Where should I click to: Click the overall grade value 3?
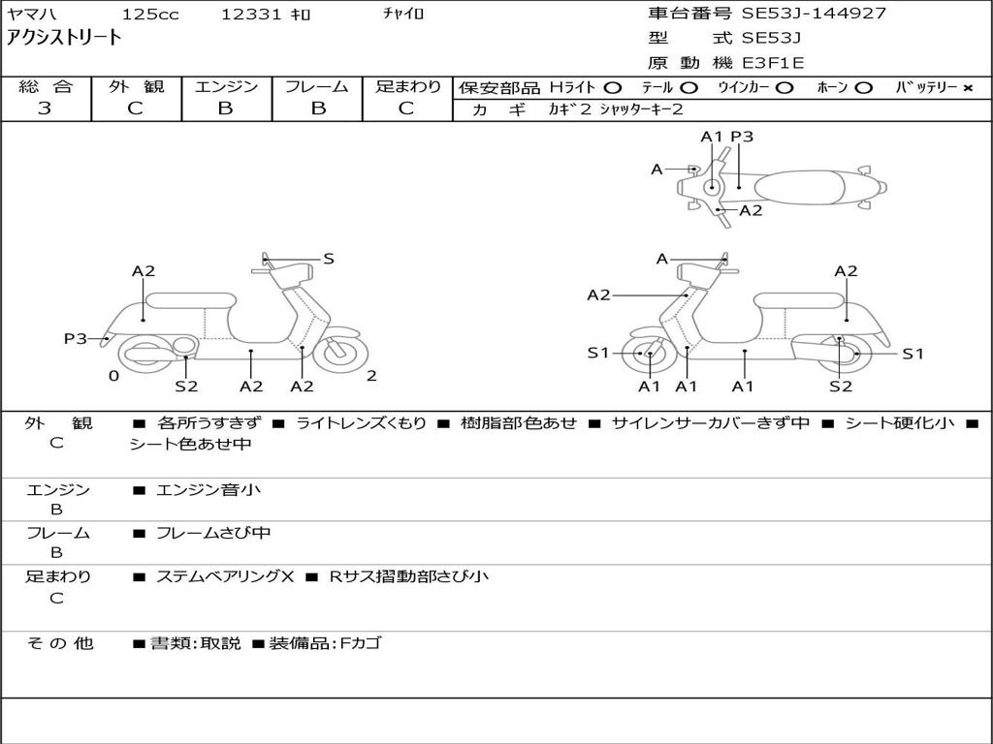click(45, 108)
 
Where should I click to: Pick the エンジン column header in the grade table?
click(226, 86)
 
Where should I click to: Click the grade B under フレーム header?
click(317, 108)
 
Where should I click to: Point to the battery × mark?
click(967, 87)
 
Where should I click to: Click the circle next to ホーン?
click(863, 87)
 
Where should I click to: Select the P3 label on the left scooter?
click(75, 338)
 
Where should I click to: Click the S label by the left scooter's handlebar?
click(329, 259)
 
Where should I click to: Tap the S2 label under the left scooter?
click(186, 387)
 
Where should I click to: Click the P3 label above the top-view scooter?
click(742, 137)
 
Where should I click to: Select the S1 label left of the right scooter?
click(598, 354)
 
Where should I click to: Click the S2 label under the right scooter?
click(841, 387)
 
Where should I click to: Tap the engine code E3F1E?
click(773, 63)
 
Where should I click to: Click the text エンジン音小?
click(208, 490)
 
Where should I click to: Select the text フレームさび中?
click(213, 533)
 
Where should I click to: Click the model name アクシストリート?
click(64, 38)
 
